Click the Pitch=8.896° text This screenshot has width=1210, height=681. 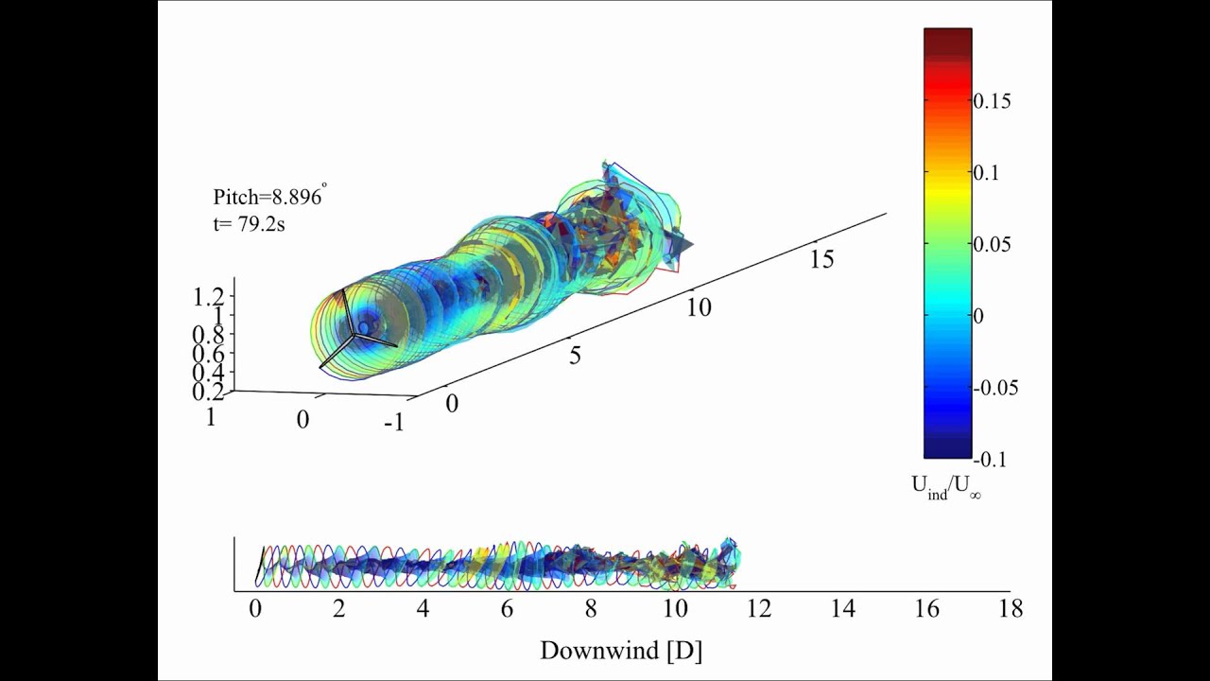coord(269,198)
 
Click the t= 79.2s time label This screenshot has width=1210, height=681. coord(249,225)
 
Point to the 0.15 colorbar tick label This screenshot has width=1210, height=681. coord(992,101)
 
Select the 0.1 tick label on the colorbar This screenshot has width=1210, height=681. coord(986,173)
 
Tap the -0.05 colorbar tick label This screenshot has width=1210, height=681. coord(995,388)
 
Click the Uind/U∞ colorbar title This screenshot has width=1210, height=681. coord(945,486)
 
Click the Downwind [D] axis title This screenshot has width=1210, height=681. coord(621,651)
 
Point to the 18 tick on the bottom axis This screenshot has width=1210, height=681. coord(1011,609)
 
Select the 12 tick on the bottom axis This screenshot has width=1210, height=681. coord(758,609)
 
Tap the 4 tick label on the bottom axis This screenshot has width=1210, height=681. coord(423,609)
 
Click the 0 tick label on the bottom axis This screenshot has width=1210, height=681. coord(255,609)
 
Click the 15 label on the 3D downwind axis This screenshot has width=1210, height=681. coord(821,259)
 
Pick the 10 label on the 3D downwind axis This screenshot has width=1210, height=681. coord(699,307)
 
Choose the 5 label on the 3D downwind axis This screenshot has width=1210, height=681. coord(575,356)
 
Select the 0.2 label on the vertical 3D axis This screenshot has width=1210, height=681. coord(207,392)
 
